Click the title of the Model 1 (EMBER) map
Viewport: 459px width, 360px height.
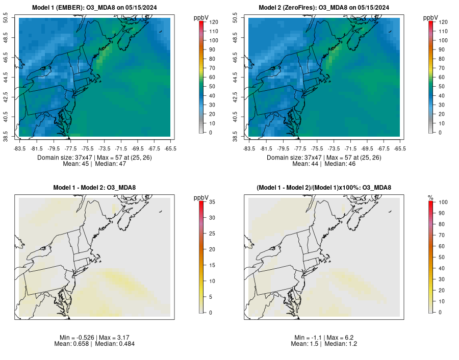[94, 8]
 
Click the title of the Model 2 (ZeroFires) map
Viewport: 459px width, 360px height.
[324, 8]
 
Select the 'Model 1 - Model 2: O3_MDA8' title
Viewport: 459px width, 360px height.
[94, 188]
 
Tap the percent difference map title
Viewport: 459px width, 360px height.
[324, 188]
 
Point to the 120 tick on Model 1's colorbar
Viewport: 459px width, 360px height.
[213, 22]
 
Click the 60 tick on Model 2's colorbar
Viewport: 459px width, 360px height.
[443, 77]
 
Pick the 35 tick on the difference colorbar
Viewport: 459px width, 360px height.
[213, 202]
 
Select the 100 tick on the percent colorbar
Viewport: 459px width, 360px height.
[443, 202]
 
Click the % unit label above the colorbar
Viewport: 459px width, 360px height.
[430, 197]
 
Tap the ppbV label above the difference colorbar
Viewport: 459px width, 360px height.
[201, 197]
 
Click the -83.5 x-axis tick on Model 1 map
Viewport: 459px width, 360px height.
[20, 148]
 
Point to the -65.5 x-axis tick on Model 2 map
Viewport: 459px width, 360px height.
[400, 148]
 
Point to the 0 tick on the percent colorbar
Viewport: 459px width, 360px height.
[441, 312]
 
